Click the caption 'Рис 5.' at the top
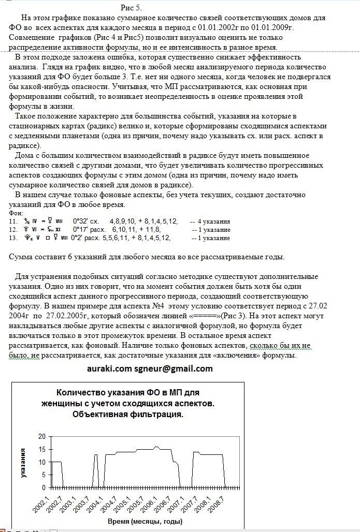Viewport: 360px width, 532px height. pos(131,7)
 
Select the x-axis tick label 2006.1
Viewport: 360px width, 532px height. pos(151,500)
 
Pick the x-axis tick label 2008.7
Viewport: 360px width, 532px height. pos(218,500)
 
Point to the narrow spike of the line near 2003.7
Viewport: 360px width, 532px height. pos(96,455)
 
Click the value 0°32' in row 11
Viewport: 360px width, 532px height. pos(82,221)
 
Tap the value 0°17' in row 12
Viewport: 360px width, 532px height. pos(82,230)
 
